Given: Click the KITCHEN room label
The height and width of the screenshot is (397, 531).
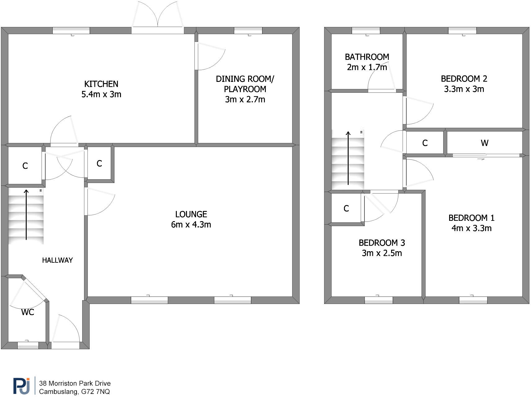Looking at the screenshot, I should (x=101, y=84).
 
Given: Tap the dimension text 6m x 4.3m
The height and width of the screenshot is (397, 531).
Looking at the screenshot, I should (x=191, y=225).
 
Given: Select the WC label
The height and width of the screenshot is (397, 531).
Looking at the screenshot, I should (x=28, y=312).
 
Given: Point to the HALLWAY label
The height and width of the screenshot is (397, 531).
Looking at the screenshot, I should (x=57, y=260).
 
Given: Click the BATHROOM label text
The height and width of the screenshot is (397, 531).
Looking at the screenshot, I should (x=367, y=57).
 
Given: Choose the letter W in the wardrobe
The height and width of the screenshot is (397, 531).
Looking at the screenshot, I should (x=484, y=143).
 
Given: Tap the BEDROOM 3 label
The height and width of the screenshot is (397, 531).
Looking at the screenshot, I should (x=382, y=243).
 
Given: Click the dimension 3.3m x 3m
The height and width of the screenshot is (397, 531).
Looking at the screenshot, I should (x=464, y=89).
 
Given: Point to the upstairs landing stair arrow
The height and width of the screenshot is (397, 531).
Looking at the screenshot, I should (x=348, y=158).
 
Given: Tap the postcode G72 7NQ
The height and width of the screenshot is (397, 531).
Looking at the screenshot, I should (x=96, y=392).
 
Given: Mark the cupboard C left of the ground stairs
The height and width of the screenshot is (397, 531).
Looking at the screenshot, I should (x=25, y=166).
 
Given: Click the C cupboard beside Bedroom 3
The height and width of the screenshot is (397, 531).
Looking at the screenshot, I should (x=346, y=208).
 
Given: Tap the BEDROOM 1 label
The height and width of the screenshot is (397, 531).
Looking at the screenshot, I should (x=471, y=218).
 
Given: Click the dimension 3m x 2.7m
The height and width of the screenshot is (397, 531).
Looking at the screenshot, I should (x=245, y=100).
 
